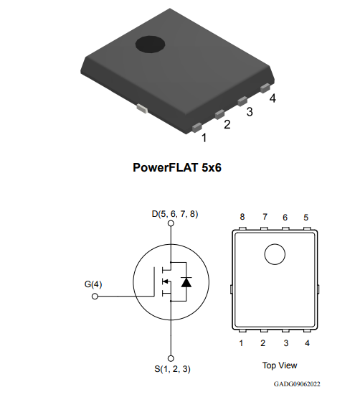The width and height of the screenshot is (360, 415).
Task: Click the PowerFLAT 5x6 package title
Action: pos(177,167)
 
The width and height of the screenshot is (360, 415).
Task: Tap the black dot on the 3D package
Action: pos(150,44)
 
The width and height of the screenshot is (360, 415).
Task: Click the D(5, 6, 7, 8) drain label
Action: pos(175,214)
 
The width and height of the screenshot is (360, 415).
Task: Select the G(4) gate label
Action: pos(93,284)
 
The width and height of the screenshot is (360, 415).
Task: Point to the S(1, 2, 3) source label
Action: pos(172,368)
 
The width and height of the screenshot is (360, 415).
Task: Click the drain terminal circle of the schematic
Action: pos(171,223)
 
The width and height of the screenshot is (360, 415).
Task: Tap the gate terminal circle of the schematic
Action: pos(95,297)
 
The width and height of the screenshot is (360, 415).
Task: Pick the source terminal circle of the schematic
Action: pos(171,358)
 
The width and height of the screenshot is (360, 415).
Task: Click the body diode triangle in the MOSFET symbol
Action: pos(186,282)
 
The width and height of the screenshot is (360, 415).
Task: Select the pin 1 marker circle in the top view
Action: pos(275,254)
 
